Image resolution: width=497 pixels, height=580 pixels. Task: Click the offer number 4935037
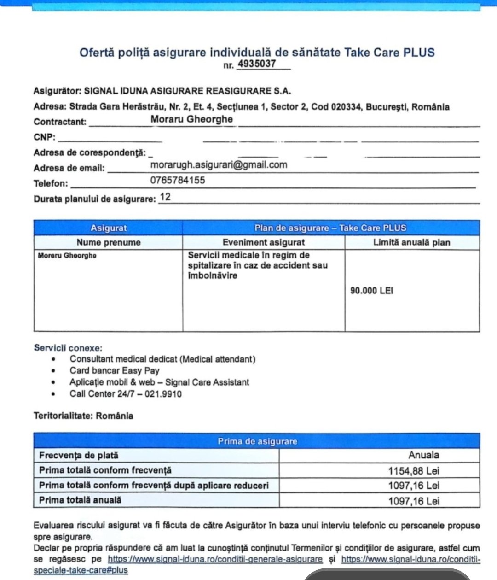coord(256,64)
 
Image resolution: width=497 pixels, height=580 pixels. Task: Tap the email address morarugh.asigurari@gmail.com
coord(219,165)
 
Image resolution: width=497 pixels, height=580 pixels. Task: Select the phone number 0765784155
coord(178,181)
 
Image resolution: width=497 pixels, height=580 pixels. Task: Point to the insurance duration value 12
coord(165,197)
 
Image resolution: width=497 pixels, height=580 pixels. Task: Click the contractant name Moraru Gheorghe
coord(191,119)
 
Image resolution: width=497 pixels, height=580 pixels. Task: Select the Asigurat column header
coord(109,228)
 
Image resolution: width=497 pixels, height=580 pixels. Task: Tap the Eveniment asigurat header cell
coord(263,242)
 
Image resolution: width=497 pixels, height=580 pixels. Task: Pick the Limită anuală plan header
coord(411,242)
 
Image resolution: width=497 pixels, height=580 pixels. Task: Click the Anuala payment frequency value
coord(423,455)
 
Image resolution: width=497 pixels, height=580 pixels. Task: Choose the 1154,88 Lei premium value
coord(414,471)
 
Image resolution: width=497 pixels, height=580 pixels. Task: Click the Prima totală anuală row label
coord(81,500)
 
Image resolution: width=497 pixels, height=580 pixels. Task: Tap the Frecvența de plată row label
coord(79,456)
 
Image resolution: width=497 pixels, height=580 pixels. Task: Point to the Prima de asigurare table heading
coord(257,441)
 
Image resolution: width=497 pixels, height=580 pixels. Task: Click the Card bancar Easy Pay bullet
coord(115,370)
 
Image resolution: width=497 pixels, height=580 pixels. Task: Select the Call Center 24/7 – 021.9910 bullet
coord(126,394)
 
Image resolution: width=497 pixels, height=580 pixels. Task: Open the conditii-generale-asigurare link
coord(215,559)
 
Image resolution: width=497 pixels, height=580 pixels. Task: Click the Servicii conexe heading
coord(68,348)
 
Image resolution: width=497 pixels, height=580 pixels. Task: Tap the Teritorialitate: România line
coord(83,416)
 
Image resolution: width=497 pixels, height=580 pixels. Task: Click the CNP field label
coord(44,137)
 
